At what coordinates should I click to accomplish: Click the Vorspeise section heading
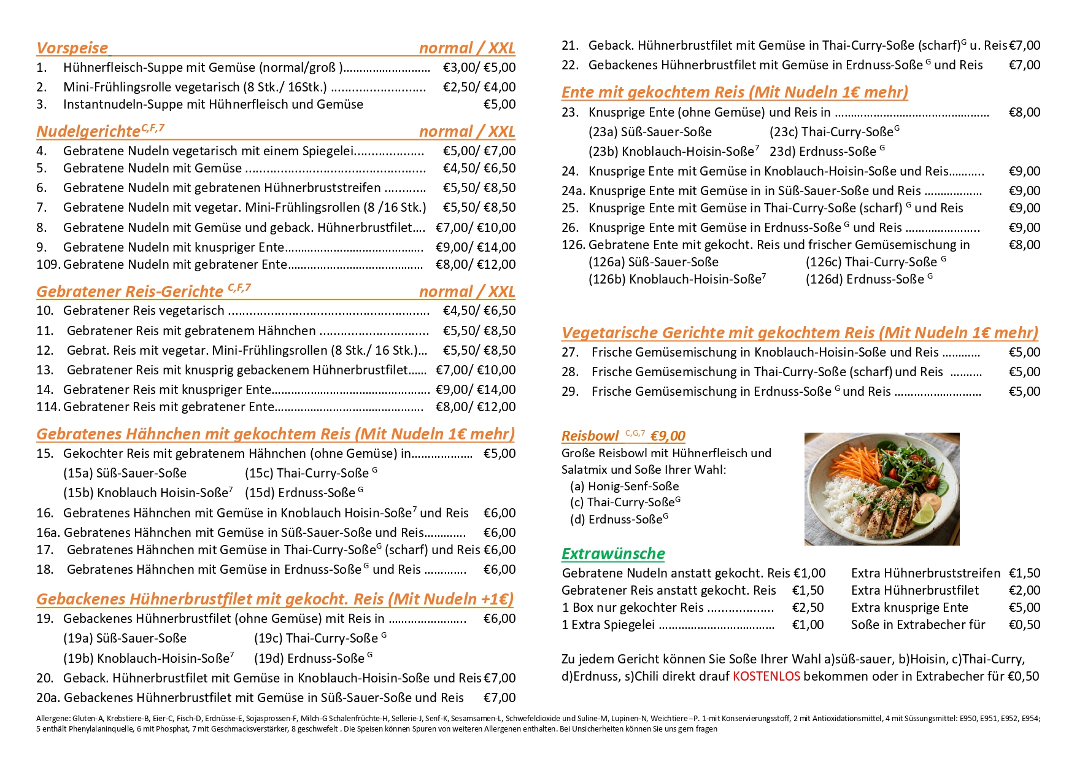pyautogui.click(x=72, y=48)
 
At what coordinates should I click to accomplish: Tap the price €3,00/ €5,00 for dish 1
pyautogui.click(x=479, y=68)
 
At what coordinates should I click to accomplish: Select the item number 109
pyautogui.click(x=48, y=265)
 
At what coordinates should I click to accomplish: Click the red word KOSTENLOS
pyautogui.click(x=766, y=676)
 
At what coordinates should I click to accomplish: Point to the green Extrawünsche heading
pyautogui.click(x=613, y=554)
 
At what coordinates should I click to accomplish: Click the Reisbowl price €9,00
pyautogui.click(x=668, y=436)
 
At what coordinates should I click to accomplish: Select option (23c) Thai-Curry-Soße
pyautogui.click(x=834, y=132)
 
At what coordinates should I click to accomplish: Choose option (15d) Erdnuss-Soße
pyautogui.click(x=303, y=493)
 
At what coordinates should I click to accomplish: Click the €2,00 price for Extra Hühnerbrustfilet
pyautogui.click(x=1024, y=590)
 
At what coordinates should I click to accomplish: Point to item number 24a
pyautogui.click(x=573, y=191)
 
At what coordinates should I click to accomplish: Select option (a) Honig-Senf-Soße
pyautogui.click(x=624, y=486)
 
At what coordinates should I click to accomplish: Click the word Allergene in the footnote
pyautogui.click(x=53, y=718)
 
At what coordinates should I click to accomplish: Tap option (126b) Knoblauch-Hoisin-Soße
pyautogui.click(x=677, y=279)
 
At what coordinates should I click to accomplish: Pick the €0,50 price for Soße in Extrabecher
pyautogui.click(x=1024, y=625)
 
